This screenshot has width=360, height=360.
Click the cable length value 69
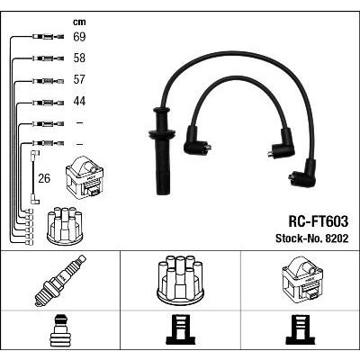point(79,37)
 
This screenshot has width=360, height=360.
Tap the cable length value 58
point(79,58)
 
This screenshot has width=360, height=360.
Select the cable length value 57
point(79,79)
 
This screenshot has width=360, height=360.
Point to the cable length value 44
point(79,101)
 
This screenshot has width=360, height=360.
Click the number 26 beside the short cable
point(44,178)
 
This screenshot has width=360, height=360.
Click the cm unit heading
point(79,22)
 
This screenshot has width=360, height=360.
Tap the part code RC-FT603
point(318,221)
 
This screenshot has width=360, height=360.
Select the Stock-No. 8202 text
point(312,238)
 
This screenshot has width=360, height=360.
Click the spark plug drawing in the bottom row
point(60,280)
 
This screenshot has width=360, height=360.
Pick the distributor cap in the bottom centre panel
point(180,278)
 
